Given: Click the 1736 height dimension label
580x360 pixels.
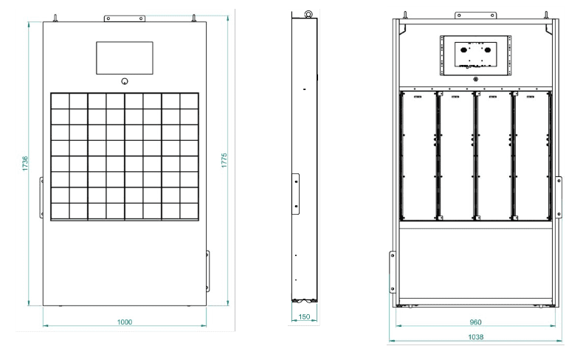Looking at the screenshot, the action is pos(25,163).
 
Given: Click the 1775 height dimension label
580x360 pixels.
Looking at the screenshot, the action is pos(224,160).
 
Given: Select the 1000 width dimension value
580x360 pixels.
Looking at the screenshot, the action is pos(125,322).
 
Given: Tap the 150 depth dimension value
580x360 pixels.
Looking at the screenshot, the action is pos(304,316).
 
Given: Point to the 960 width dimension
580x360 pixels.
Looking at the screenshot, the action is pos(476,322).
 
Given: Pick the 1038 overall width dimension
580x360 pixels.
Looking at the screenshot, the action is pos(476,336).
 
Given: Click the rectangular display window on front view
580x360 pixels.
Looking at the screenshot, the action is pos(125,58).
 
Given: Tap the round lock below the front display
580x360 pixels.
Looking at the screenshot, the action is pos(125,81).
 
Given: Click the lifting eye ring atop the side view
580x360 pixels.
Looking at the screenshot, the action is pos(308,14).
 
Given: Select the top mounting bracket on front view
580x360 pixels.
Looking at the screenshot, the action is pos(125,18).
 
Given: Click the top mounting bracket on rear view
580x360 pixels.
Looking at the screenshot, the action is pos(476,15).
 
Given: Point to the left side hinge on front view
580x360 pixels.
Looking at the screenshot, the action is pos(41,198).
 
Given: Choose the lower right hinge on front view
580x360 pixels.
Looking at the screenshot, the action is pos(208,271).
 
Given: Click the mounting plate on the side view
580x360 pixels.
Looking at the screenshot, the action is pos(296,194).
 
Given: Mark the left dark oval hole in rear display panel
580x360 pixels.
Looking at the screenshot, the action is pos(464,50).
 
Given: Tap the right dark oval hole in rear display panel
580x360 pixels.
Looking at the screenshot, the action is pos(488,50).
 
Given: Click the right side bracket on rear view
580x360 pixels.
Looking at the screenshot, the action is pos(559,198).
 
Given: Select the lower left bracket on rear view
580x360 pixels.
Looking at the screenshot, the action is pos(393,272).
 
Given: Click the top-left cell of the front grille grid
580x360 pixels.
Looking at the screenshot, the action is pos(60,101).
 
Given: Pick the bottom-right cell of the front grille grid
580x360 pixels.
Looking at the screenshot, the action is pos(190,212).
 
